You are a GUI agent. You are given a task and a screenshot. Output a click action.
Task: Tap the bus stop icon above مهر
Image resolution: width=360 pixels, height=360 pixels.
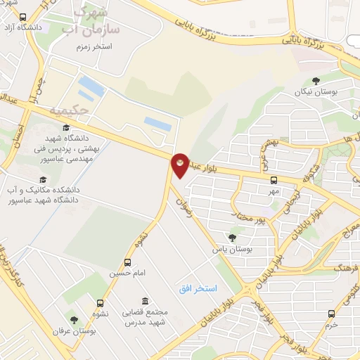click(274, 180)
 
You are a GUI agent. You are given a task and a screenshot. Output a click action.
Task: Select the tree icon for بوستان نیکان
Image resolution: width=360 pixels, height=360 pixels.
click(316, 81)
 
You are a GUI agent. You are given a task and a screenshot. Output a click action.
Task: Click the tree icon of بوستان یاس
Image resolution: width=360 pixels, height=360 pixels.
click(233, 238)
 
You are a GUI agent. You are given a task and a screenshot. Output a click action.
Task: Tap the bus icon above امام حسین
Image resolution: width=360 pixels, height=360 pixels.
click(127, 262)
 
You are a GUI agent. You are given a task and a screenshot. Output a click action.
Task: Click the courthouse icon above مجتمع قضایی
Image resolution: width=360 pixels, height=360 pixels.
click(144, 301)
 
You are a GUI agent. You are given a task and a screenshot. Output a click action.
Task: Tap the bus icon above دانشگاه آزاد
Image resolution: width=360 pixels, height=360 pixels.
click(22, 17)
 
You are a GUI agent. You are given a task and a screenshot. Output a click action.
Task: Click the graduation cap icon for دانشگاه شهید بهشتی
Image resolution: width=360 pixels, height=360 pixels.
click(65, 127)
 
